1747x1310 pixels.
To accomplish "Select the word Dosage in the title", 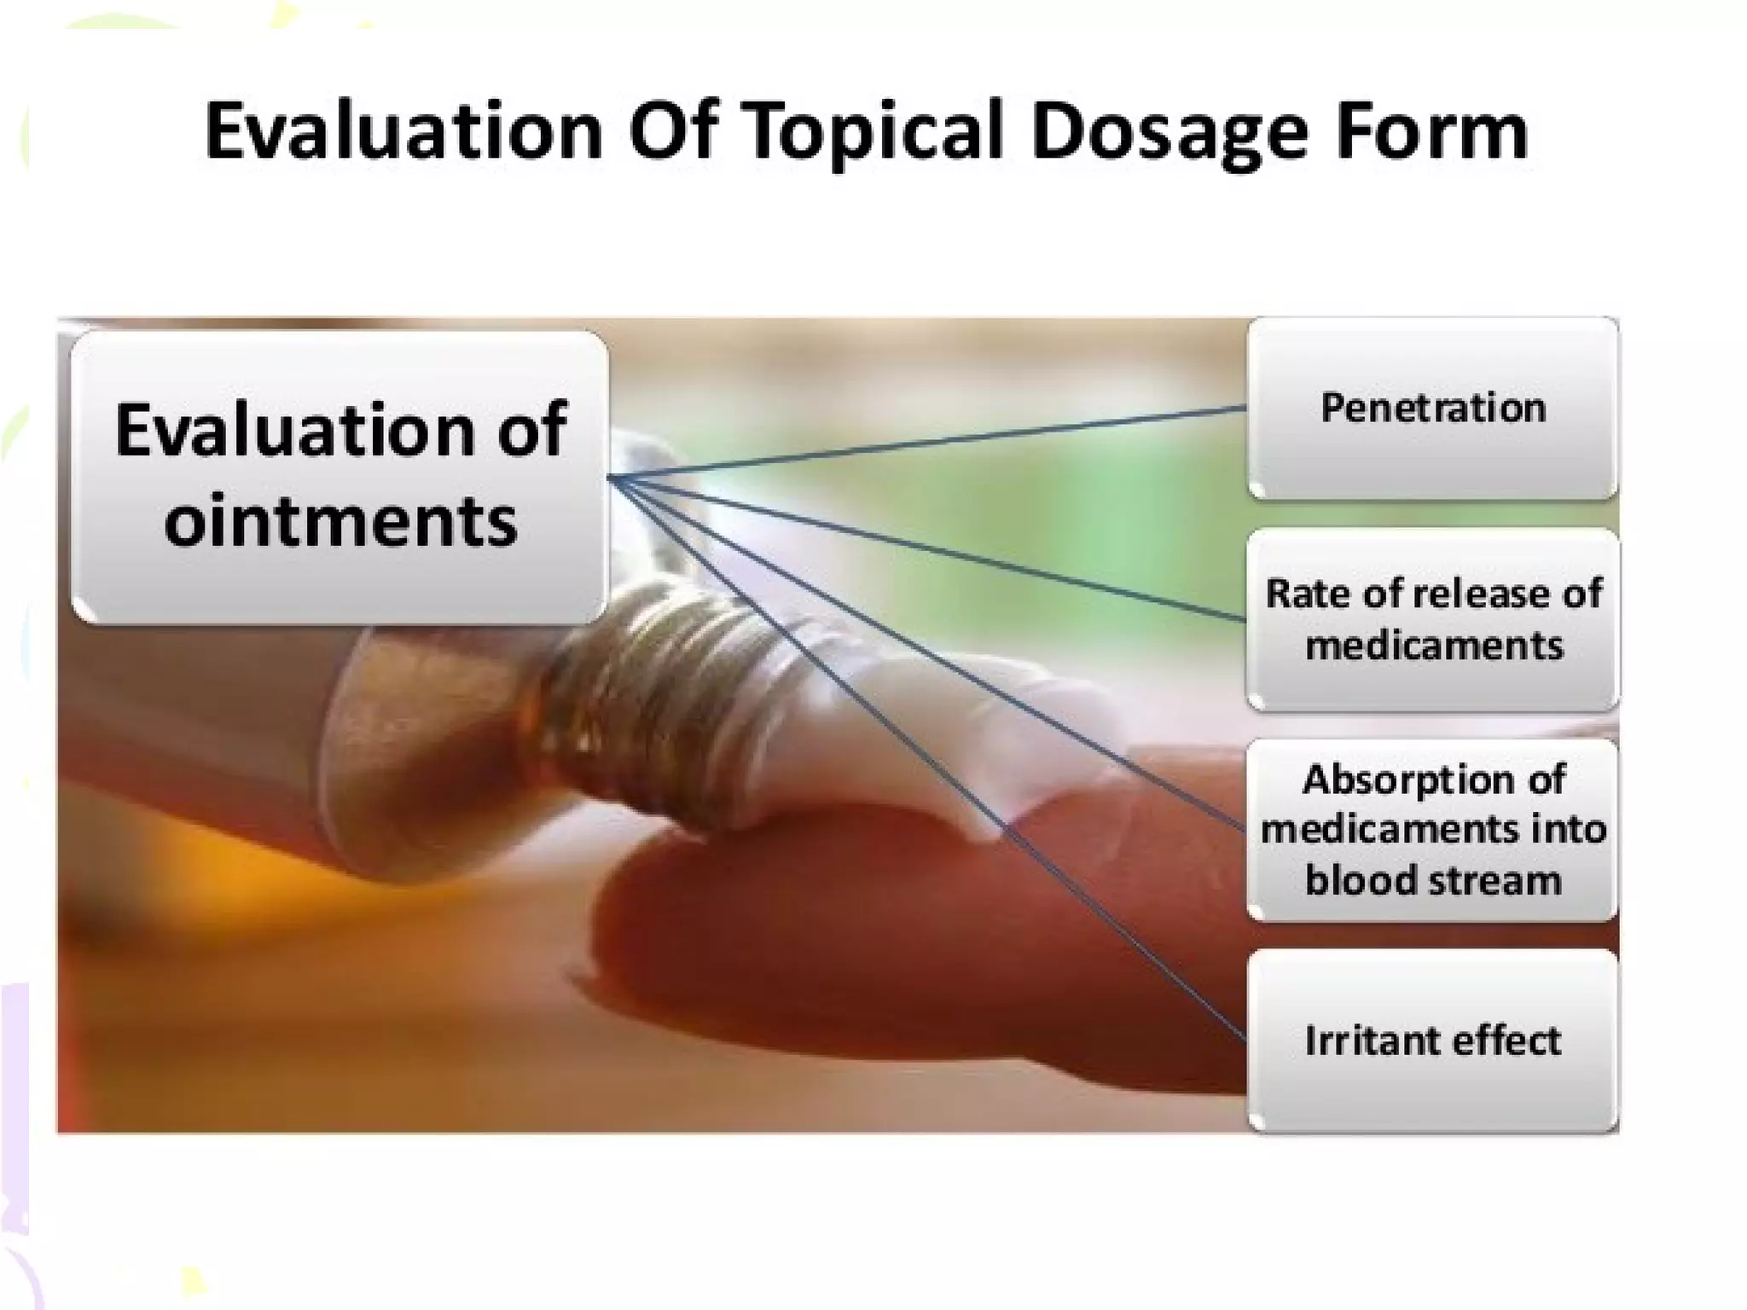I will pyautogui.click(x=1169, y=132).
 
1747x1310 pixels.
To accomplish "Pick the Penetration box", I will pyautogui.click(x=1432, y=408).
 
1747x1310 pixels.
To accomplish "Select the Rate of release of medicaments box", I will pyautogui.click(x=1432, y=619).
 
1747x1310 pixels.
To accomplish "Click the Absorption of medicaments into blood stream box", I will pyautogui.click(x=1432, y=830).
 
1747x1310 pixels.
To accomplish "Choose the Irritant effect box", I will pyautogui.click(x=1432, y=1040).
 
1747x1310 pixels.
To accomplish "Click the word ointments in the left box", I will pyautogui.click(x=340, y=520).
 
